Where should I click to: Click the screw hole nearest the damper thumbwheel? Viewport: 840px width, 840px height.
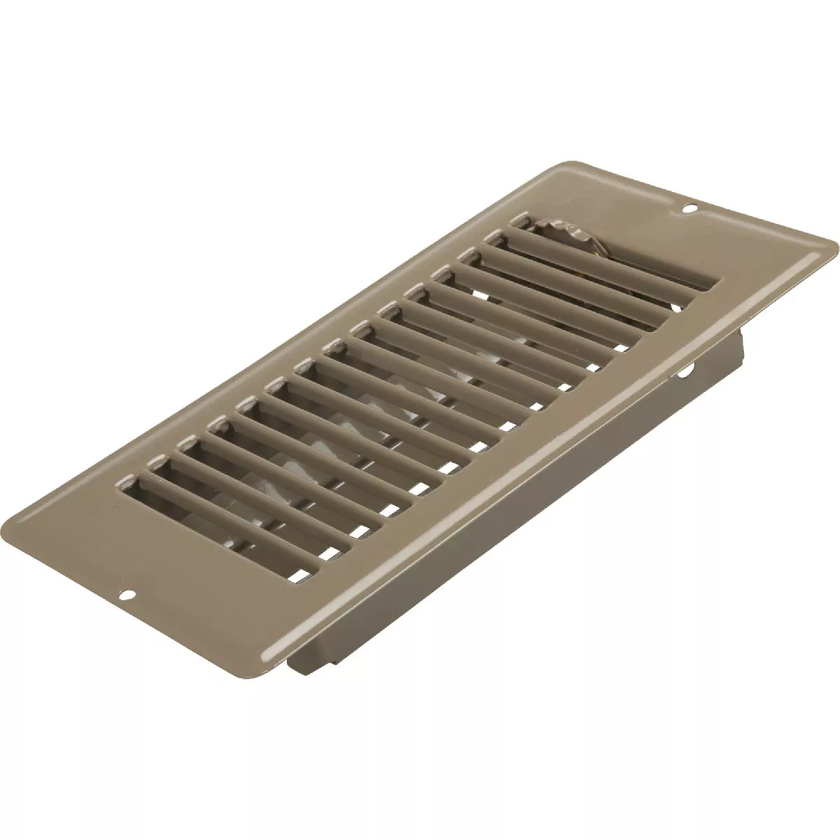pyautogui.click(x=690, y=207)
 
